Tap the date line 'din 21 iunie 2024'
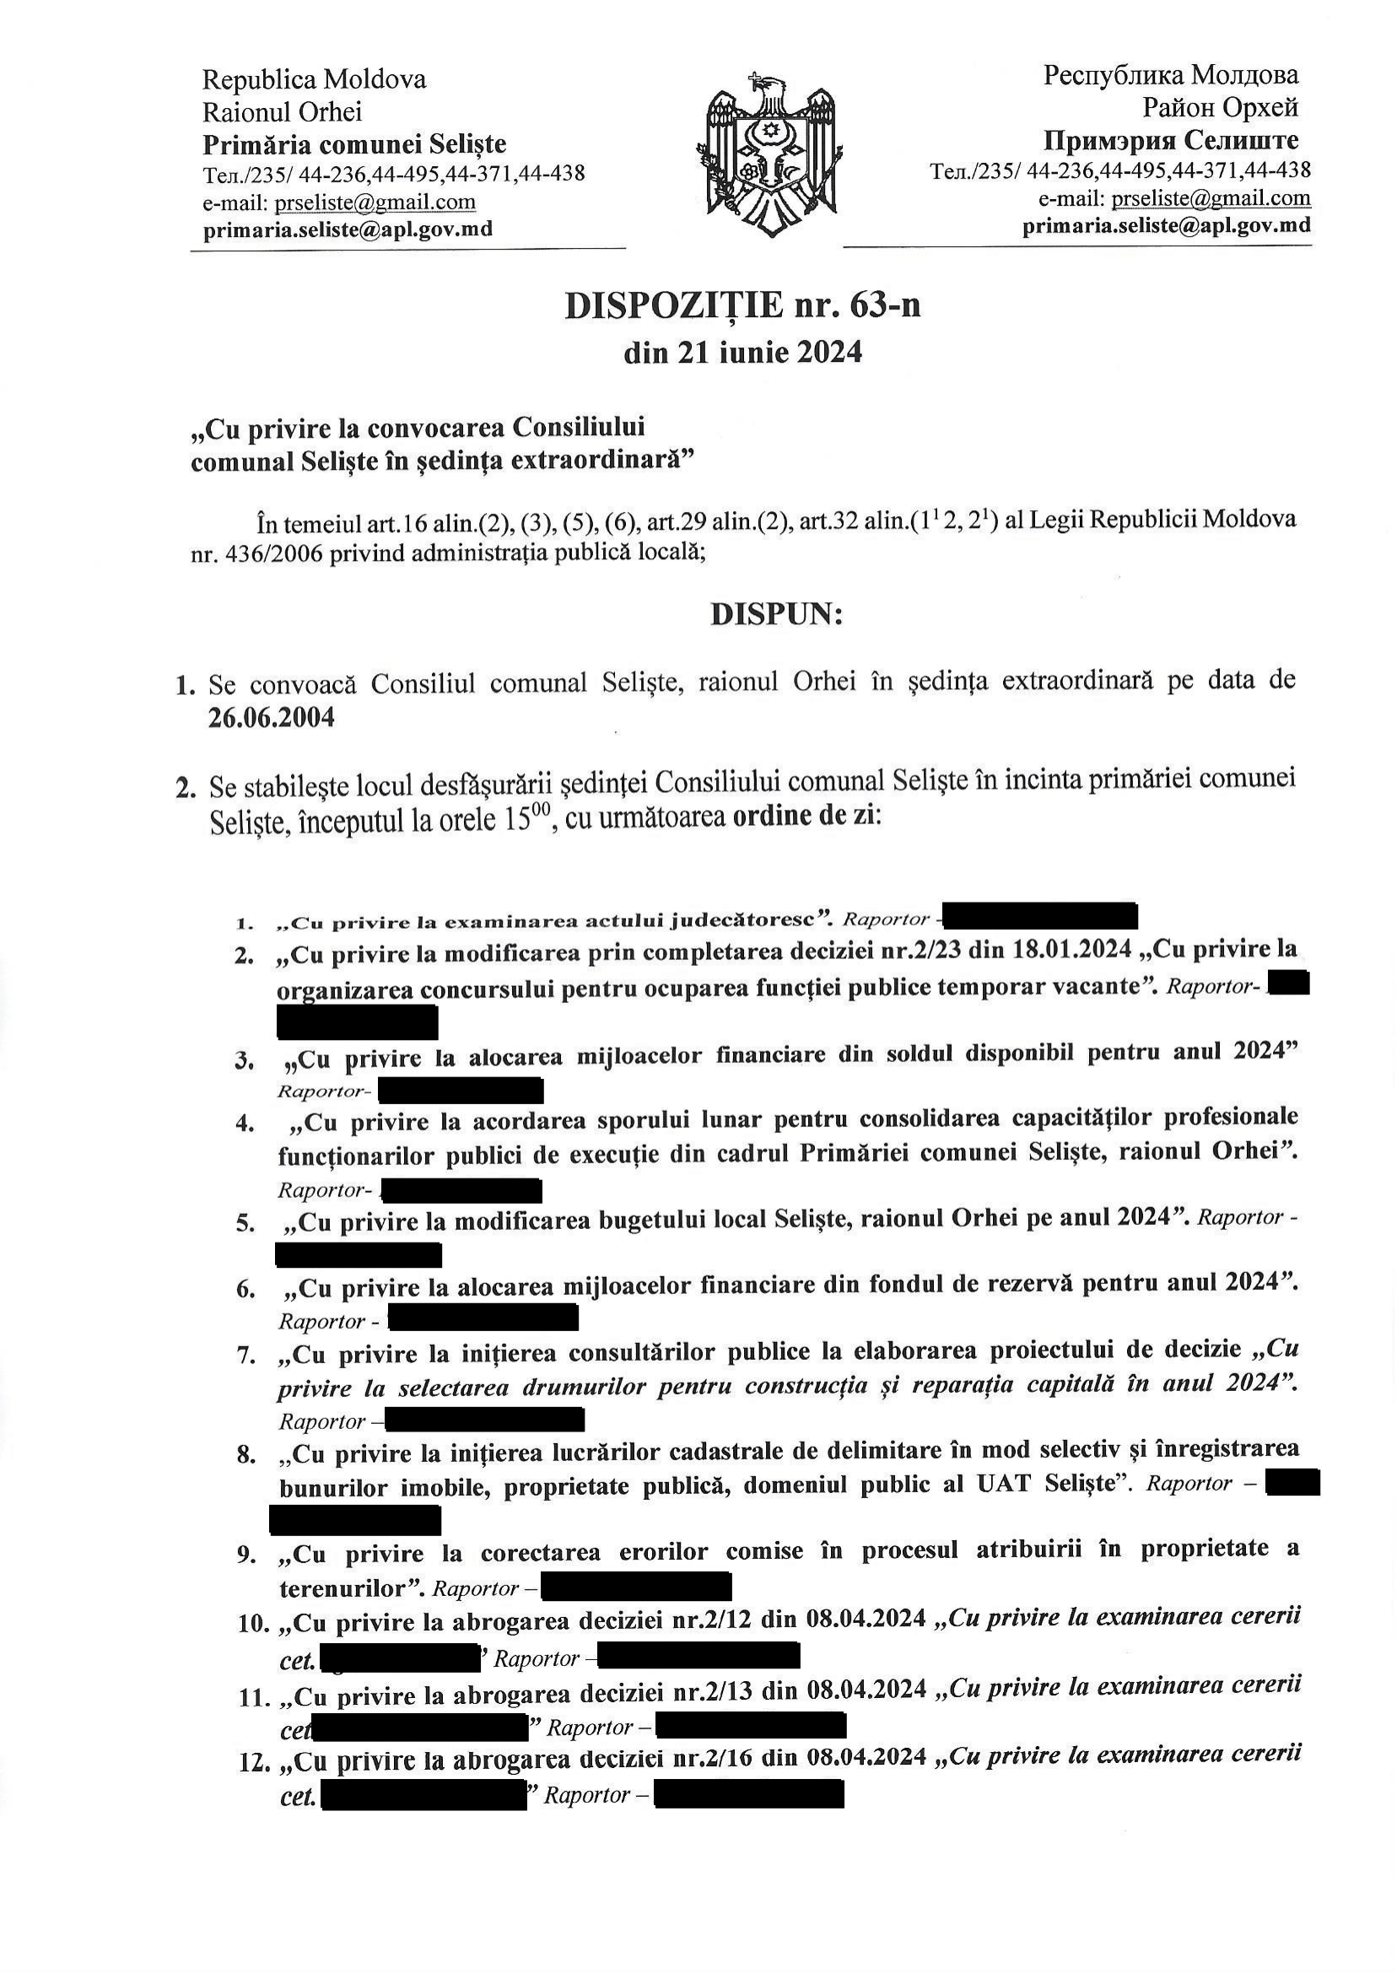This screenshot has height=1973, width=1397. (x=742, y=353)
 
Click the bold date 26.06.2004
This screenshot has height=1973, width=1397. (x=271, y=717)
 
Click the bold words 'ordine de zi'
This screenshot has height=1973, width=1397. (x=805, y=816)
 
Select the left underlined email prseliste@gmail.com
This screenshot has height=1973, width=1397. (x=375, y=202)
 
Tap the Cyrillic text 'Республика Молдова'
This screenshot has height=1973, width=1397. (x=1171, y=76)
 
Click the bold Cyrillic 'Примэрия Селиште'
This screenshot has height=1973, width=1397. (x=1171, y=139)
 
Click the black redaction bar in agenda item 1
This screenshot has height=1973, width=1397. (x=1044, y=917)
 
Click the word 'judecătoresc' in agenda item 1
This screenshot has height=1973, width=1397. (x=741, y=920)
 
